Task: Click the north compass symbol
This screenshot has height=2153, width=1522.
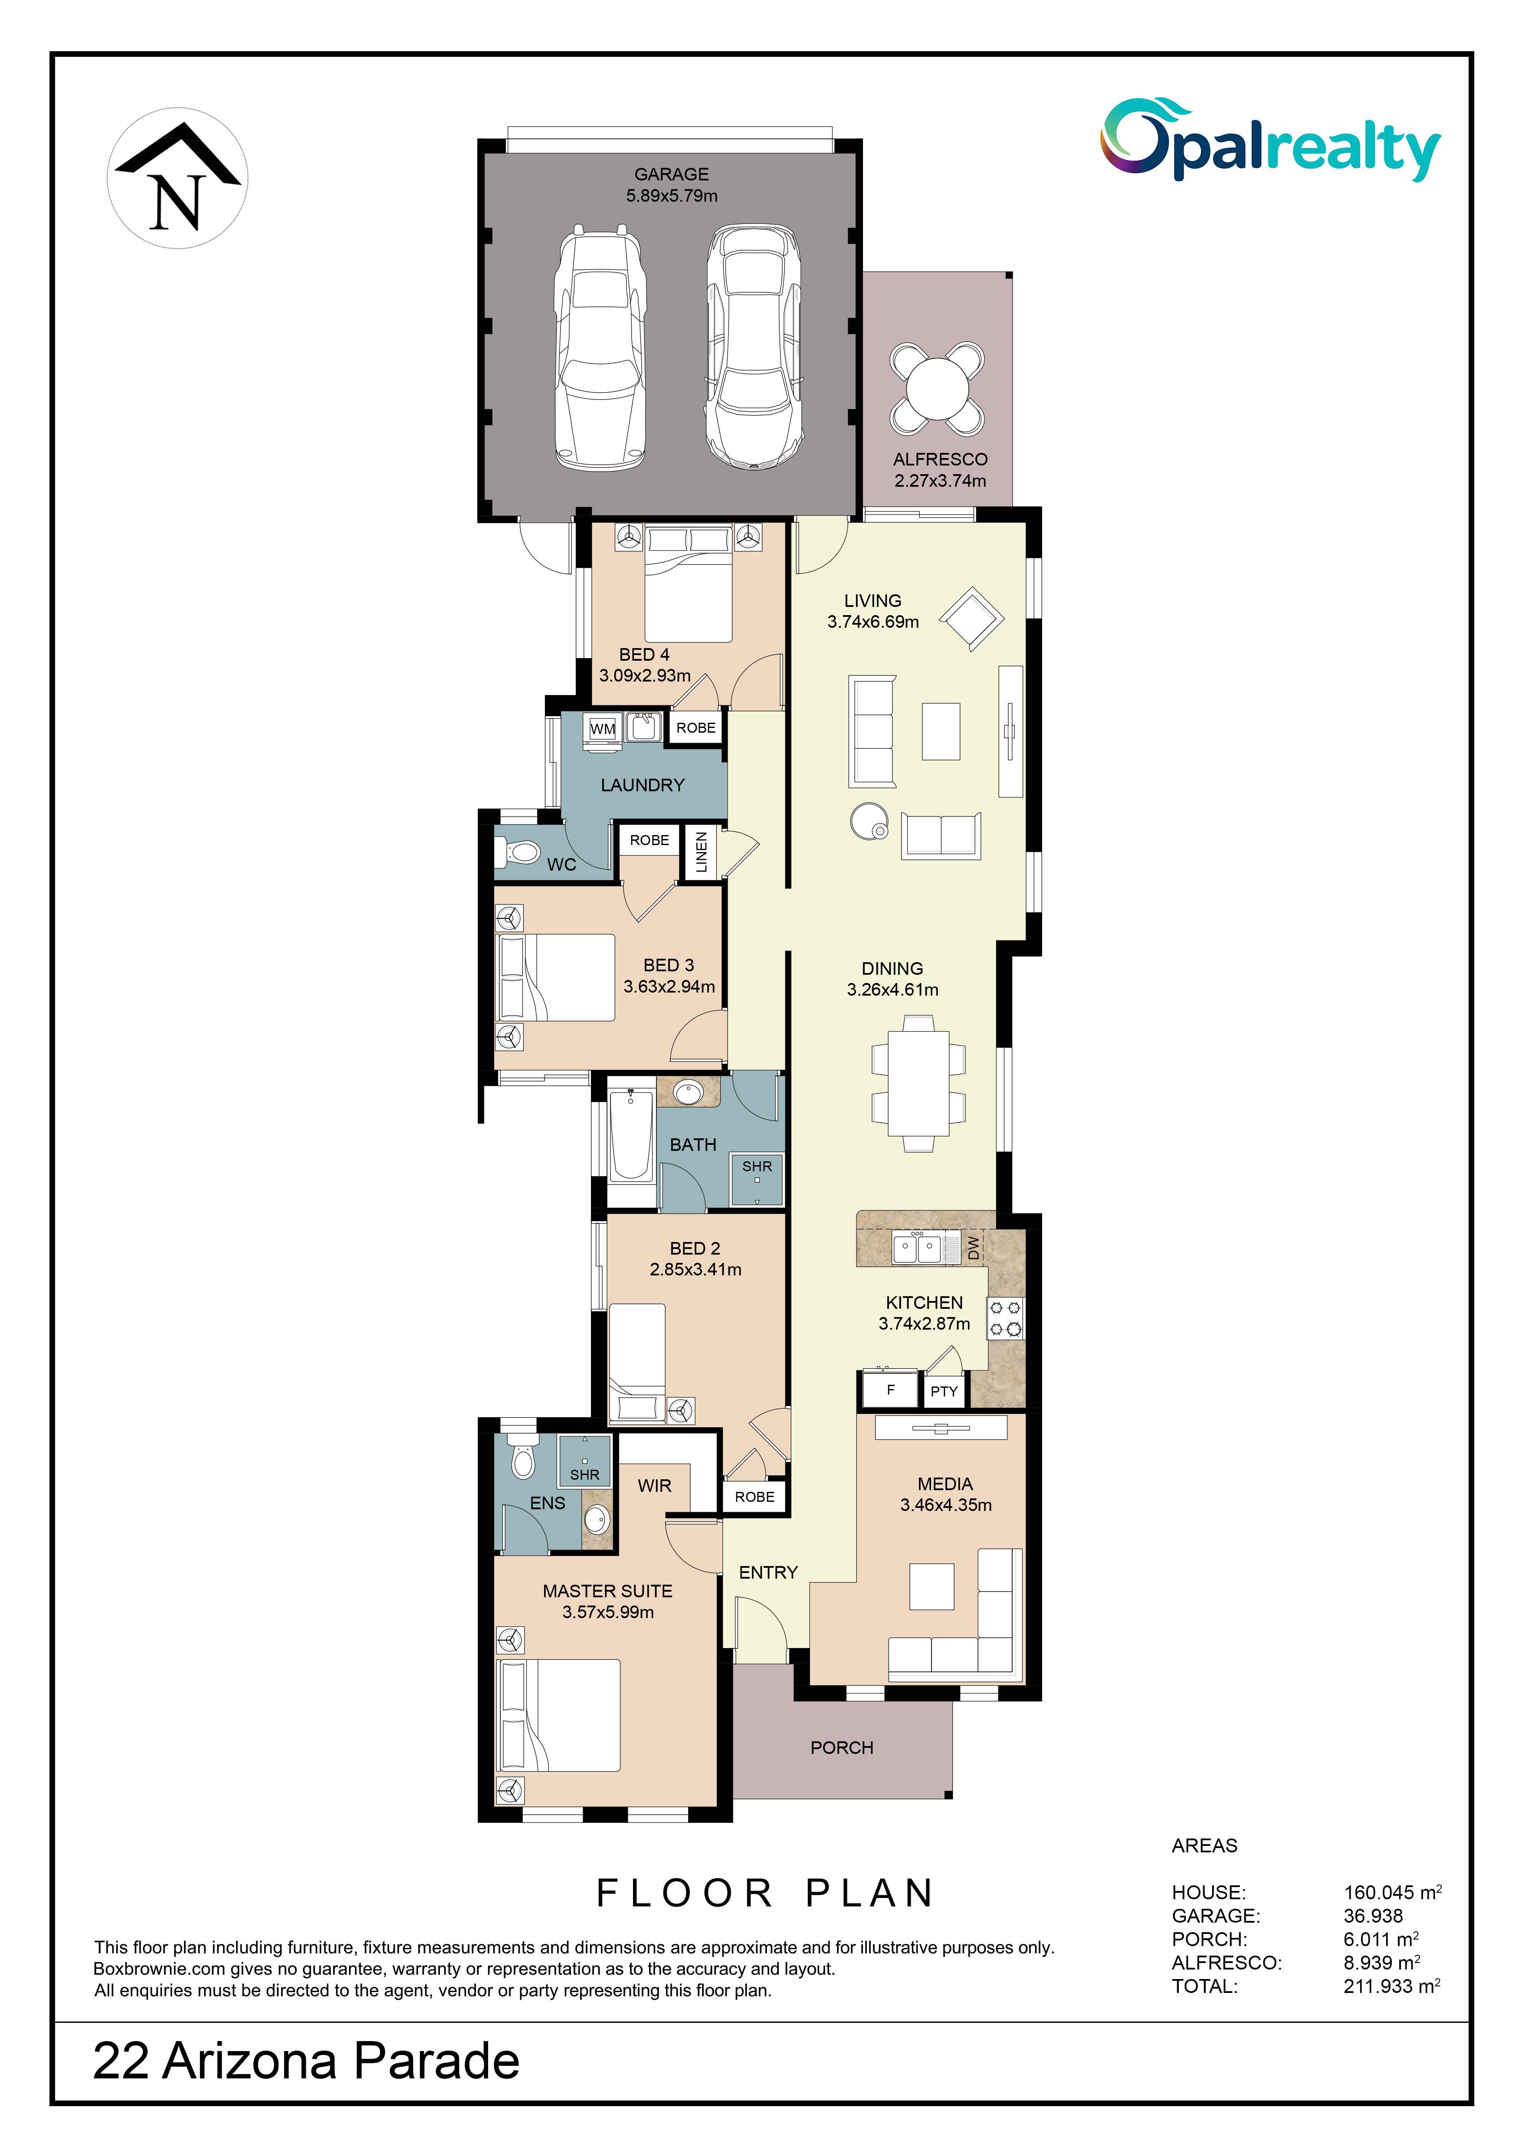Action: (x=177, y=178)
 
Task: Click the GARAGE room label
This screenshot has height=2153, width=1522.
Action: (x=672, y=174)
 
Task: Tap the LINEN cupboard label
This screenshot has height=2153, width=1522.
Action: (x=701, y=852)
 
